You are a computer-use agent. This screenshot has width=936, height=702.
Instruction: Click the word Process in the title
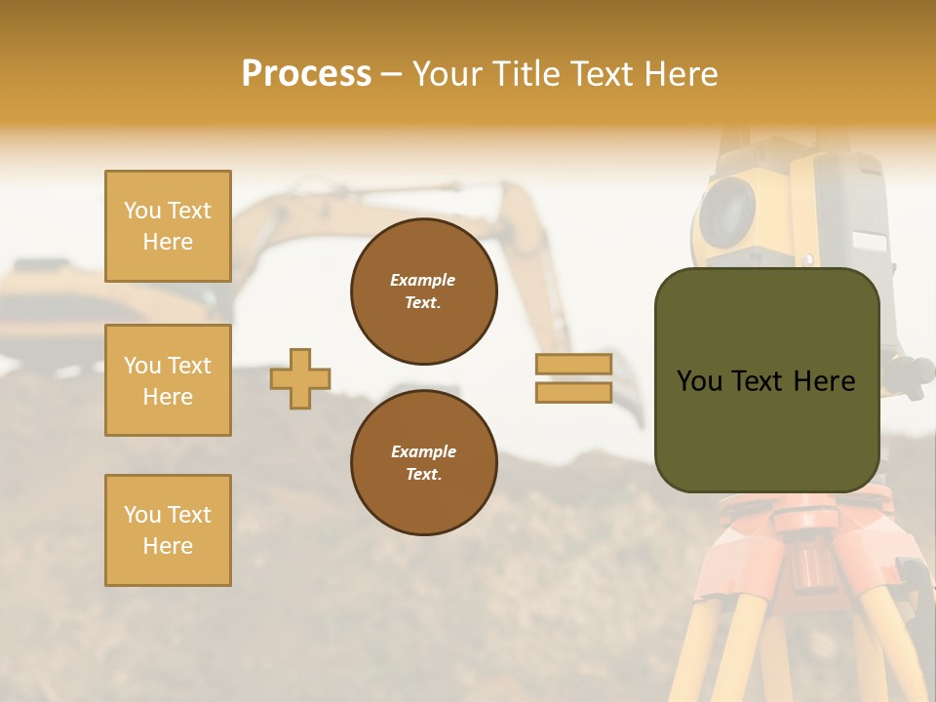click(x=306, y=74)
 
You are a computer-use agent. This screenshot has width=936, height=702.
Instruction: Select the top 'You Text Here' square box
click(x=168, y=226)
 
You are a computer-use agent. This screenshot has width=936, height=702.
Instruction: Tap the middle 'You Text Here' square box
click(x=168, y=380)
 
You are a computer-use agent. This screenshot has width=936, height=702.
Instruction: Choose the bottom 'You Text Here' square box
click(x=168, y=530)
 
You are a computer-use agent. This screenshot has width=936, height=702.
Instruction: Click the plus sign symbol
click(x=300, y=378)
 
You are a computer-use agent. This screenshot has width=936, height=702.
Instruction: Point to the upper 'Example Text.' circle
click(x=424, y=291)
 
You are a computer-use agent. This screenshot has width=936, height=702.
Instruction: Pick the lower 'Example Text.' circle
click(x=424, y=462)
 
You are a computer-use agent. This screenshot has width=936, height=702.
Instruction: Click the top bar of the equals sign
click(x=573, y=364)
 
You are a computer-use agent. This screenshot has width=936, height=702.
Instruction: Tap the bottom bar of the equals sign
click(x=573, y=392)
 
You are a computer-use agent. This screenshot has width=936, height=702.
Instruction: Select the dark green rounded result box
click(x=766, y=380)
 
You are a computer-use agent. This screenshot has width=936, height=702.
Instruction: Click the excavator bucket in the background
click(x=624, y=400)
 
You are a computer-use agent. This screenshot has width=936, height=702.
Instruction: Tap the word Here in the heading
click(x=681, y=74)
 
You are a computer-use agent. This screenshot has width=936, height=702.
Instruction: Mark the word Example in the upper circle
click(x=423, y=280)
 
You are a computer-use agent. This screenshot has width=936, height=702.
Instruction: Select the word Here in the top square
click(x=168, y=242)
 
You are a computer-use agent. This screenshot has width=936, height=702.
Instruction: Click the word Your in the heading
click(x=449, y=74)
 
